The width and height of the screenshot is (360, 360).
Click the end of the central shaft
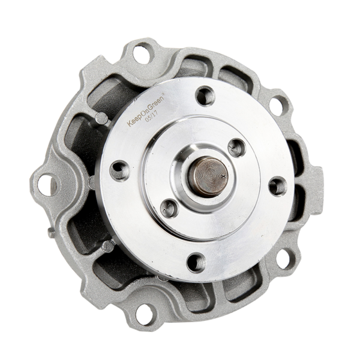click(208, 176)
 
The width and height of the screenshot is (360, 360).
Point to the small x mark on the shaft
click(223, 176)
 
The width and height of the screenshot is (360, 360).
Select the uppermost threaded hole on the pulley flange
click(205, 95)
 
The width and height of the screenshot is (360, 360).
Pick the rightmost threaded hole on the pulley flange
click(278, 186)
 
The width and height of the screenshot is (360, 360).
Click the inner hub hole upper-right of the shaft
click(237, 148)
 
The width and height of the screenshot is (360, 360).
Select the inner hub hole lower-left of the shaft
click(170, 209)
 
